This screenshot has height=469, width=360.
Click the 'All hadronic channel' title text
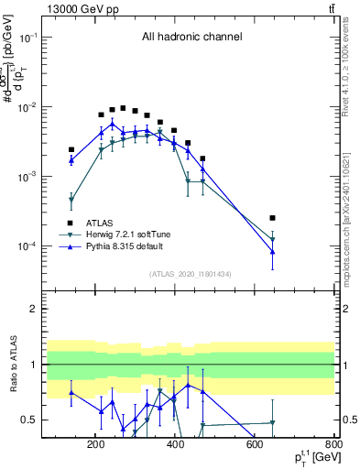click(191, 38)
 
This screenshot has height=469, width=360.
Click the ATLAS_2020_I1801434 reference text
click(191, 274)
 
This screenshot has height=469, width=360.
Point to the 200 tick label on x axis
click(95, 444)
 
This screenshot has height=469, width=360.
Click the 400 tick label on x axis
click(174, 444)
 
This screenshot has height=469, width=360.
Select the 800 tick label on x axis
click(331, 444)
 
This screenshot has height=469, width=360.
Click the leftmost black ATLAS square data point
click(71, 149)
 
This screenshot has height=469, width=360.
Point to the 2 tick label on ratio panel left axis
click(54, 309)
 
